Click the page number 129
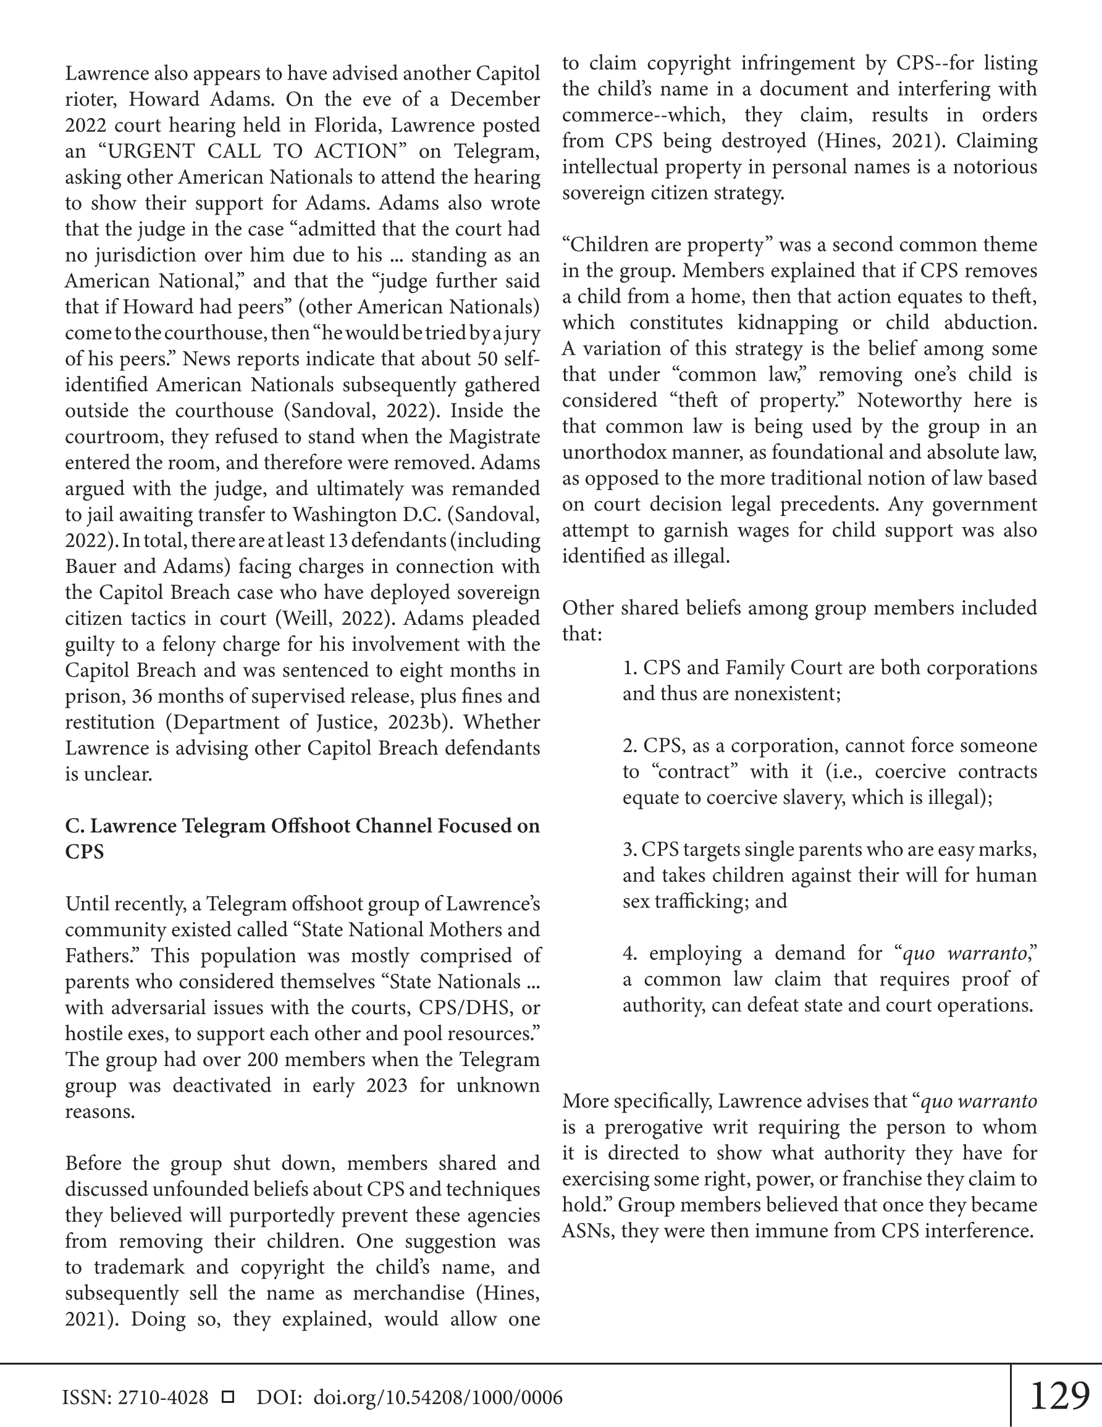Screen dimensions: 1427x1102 pyautogui.click(x=1059, y=1395)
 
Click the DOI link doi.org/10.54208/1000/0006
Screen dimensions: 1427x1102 pyautogui.click(x=438, y=1397)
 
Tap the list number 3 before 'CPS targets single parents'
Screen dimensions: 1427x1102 pyautogui.click(x=628, y=849)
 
